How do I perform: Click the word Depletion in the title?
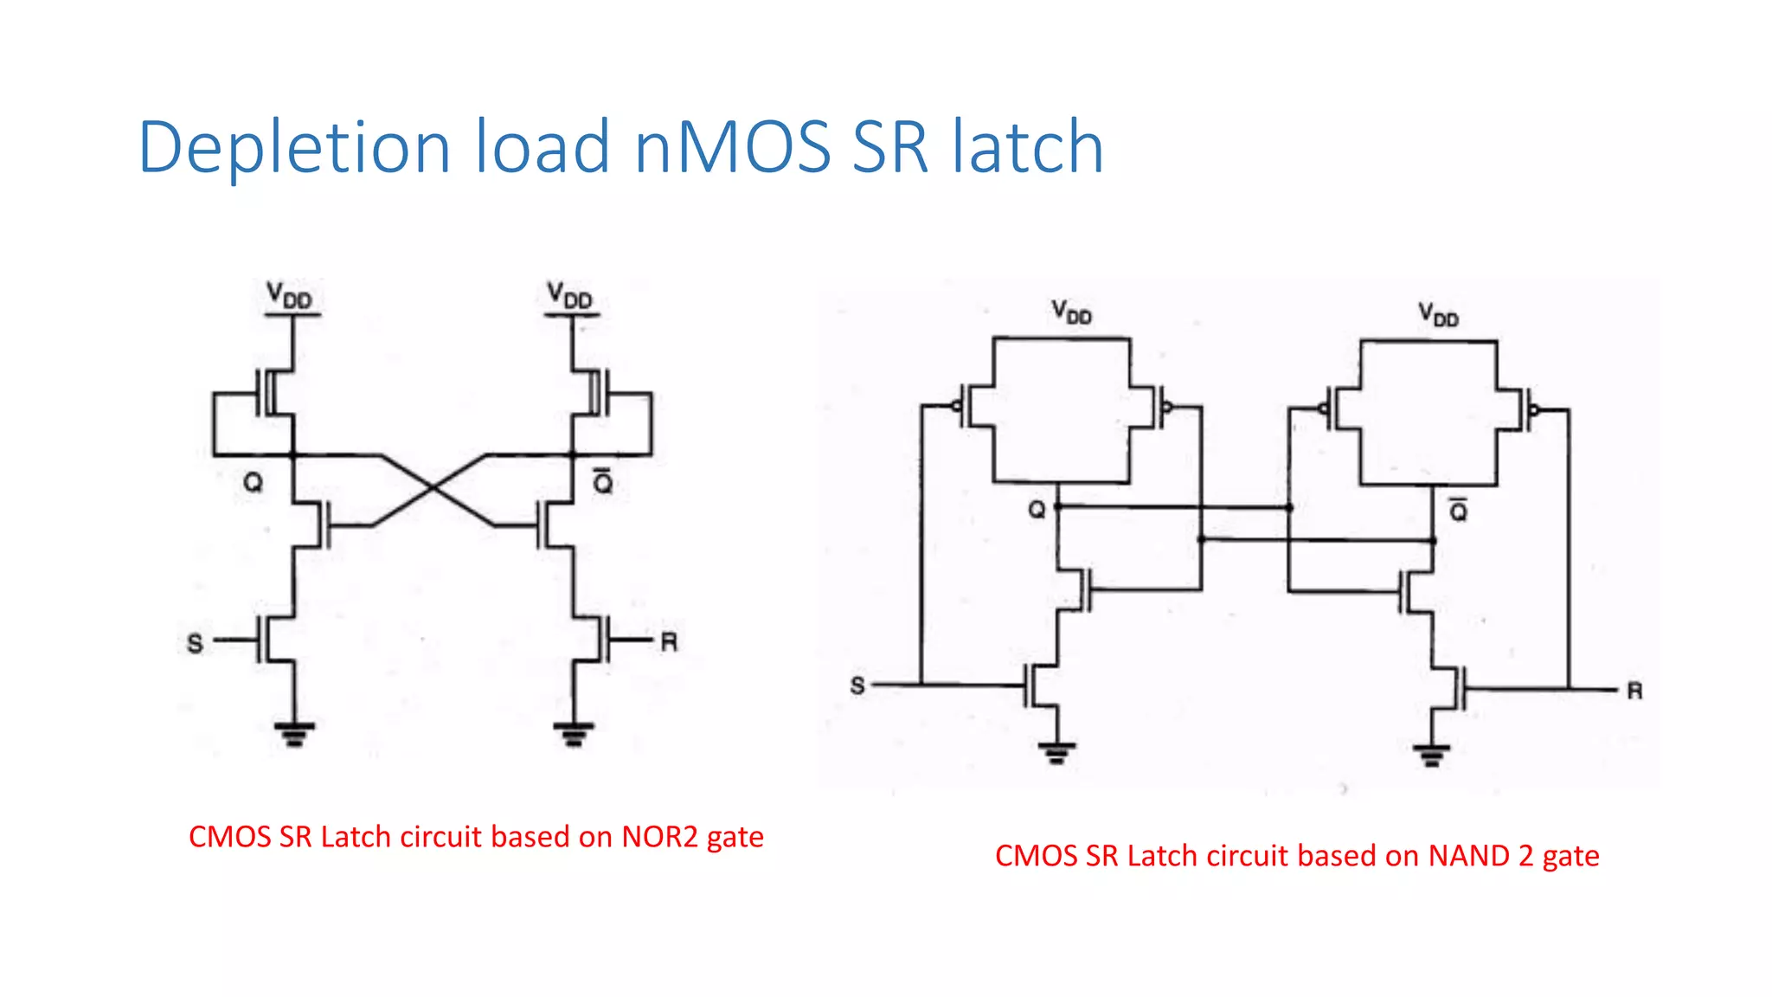tap(294, 147)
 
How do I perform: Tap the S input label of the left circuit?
tap(196, 643)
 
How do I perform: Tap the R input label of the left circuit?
tap(669, 642)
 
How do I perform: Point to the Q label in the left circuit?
tap(253, 482)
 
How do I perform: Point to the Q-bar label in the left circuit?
tap(603, 481)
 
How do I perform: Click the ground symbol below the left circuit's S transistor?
tap(294, 734)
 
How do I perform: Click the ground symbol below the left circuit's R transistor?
tap(573, 734)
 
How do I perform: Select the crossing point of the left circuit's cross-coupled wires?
tap(433, 489)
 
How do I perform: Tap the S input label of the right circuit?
tap(857, 686)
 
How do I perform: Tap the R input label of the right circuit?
tap(1634, 691)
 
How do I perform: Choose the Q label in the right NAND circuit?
tap(1037, 510)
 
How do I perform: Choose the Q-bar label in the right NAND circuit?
tap(1459, 511)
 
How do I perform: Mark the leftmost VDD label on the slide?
tap(289, 295)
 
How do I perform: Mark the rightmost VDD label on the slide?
tap(1438, 314)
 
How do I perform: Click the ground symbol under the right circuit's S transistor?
tap(1056, 753)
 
